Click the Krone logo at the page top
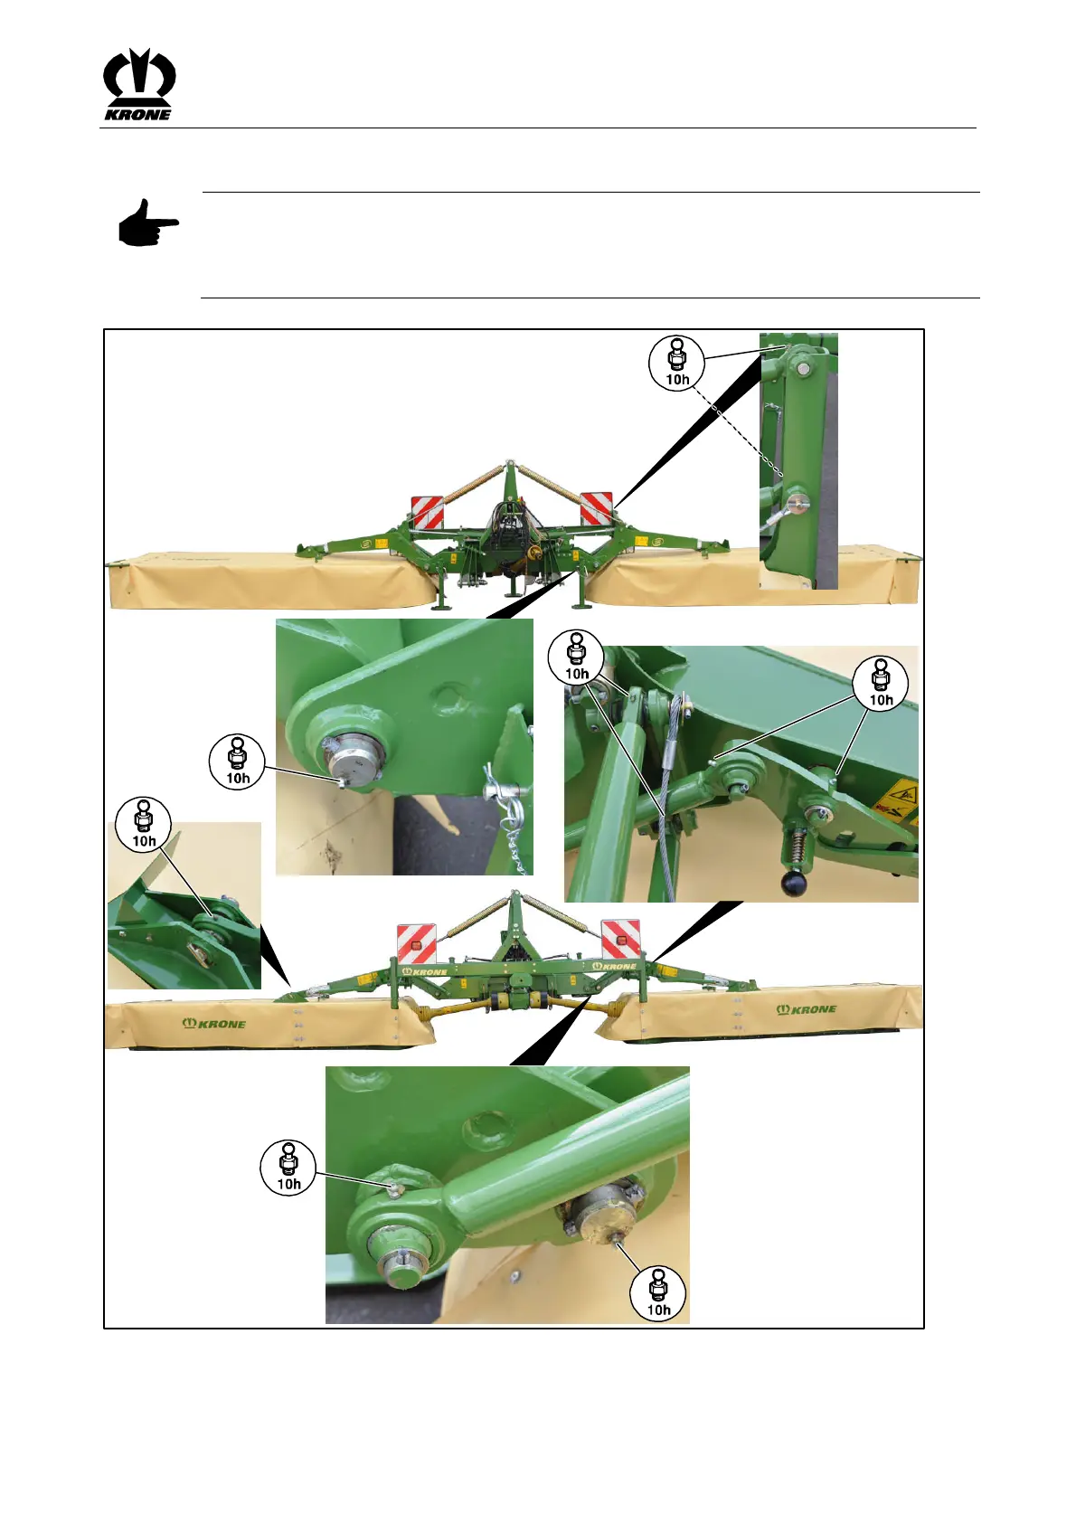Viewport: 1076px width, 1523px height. point(139,85)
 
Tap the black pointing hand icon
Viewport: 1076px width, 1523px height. point(148,223)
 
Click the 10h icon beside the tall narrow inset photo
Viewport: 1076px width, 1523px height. point(677,364)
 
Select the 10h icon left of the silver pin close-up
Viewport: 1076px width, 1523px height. point(237,761)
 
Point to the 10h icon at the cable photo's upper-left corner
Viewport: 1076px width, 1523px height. point(576,657)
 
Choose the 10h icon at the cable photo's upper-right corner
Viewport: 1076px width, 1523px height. point(881,684)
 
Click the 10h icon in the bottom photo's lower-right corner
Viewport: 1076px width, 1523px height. point(658,1294)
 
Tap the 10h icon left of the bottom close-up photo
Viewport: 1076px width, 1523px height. point(288,1168)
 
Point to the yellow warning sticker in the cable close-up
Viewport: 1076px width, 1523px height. point(897,798)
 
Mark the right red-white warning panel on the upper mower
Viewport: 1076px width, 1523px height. point(596,508)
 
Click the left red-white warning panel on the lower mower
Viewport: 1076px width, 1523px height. point(417,942)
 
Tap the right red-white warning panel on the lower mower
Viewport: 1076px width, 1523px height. point(621,938)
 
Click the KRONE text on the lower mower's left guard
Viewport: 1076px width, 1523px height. point(214,1023)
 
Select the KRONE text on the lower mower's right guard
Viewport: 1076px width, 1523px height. point(807,1009)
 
